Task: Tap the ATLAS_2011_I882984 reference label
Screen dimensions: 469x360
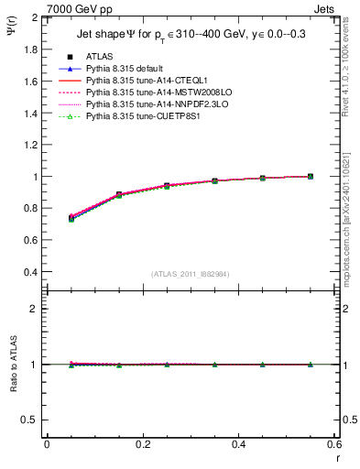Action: pyautogui.click(x=190, y=274)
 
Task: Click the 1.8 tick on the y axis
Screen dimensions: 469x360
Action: pyautogui.click(x=31, y=49)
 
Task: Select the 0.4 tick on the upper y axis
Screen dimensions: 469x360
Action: pyautogui.click(x=31, y=272)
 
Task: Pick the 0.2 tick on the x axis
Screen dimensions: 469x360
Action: pyautogui.click(x=142, y=444)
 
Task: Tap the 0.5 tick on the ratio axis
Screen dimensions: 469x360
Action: pyautogui.click(x=31, y=420)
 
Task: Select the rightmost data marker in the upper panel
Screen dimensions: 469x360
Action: pyautogui.click(x=310, y=176)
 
